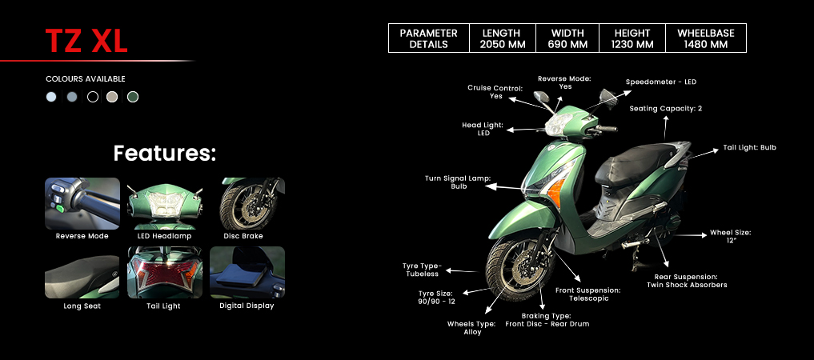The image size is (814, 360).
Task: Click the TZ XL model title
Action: click(86, 41)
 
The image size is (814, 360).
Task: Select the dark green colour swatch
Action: click(133, 97)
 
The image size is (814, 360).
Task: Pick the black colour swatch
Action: click(92, 97)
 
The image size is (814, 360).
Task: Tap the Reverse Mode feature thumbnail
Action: click(82, 203)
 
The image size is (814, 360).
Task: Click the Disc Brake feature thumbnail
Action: click(247, 203)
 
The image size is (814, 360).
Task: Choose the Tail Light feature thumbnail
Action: click(165, 273)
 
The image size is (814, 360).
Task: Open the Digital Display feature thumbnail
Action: click(247, 273)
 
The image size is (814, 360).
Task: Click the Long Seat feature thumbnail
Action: click(82, 273)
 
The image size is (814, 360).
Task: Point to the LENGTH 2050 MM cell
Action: click(502, 38)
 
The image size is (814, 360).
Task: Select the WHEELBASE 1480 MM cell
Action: click(705, 38)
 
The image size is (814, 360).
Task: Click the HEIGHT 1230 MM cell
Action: click(632, 38)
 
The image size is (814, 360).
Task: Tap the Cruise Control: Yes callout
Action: click(495, 92)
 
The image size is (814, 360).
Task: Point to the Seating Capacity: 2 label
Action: click(665, 108)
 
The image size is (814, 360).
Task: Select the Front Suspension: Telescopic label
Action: click(588, 294)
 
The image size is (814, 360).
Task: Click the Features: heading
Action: click(165, 153)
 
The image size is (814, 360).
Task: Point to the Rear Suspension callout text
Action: click(687, 281)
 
